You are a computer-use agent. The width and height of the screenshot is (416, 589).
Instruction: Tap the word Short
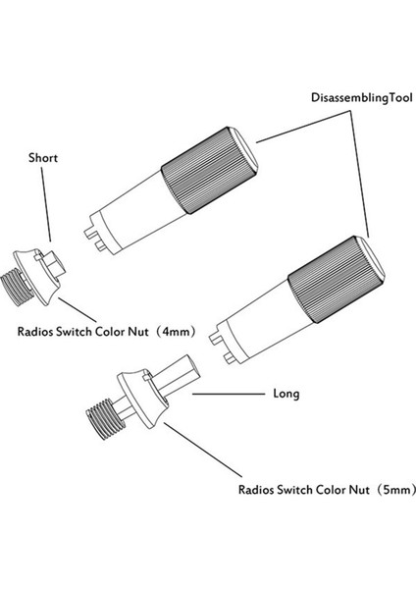[44, 157]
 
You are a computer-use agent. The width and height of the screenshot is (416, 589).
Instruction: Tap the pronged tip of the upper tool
[96, 235]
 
